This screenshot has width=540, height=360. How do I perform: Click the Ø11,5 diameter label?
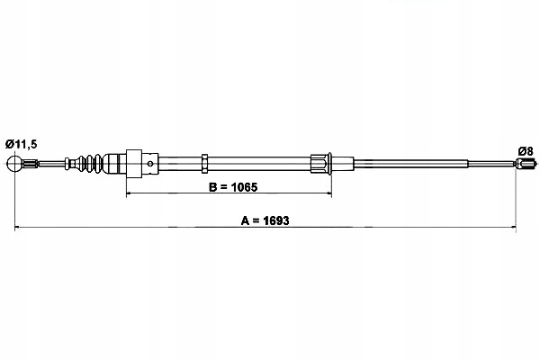click(21, 144)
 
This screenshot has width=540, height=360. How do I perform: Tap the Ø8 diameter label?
click(526, 151)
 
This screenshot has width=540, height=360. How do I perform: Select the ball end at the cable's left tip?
click(14, 163)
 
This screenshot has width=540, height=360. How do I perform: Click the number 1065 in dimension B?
click(244, 187)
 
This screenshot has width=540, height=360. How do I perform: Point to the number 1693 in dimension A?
click(276, 220)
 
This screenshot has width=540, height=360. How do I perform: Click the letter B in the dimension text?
click(212, 187)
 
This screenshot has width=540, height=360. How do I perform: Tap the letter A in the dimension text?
click(245, 220)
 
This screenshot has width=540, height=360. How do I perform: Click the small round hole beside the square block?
click(150, 163)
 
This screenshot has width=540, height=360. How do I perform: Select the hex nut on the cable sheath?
click(204, 163)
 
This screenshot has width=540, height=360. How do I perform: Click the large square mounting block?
click(134, 164)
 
